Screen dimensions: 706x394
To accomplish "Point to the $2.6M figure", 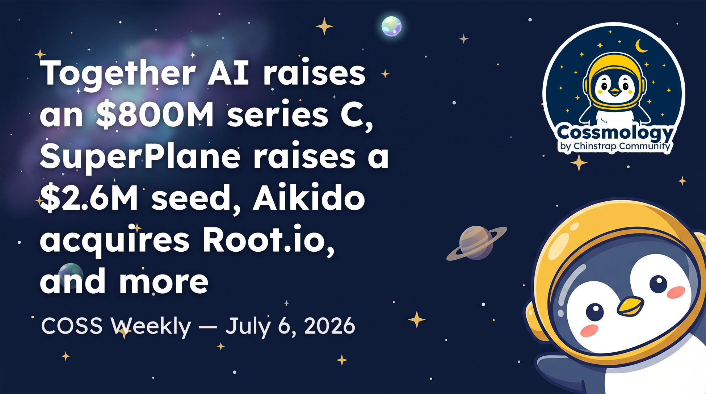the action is click(89, 198).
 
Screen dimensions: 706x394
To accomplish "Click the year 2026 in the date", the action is click(329, 326).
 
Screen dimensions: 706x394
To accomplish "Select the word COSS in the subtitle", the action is click(72, 326).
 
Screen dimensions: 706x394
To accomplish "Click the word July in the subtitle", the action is click(248, 327).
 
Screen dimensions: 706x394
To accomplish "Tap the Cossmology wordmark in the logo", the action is click(615, 133).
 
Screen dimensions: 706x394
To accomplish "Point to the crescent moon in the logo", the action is click(641, 46).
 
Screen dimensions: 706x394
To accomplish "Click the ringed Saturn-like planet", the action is click(476, 243).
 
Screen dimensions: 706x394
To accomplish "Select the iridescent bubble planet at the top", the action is click(391, 26).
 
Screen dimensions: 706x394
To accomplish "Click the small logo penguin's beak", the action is click(614, 92).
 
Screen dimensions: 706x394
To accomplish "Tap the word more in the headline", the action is click(164, 282).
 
